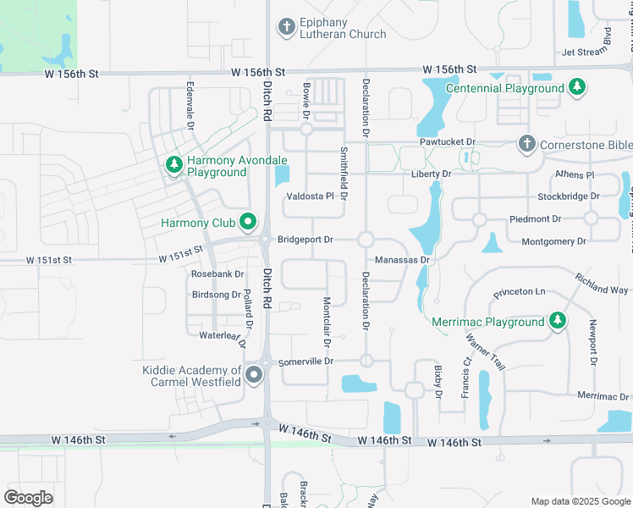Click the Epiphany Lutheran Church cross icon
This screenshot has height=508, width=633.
pyautogui.click(x=287, y=27)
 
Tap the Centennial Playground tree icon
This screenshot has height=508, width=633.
pyautogui.click(x=577, y=87)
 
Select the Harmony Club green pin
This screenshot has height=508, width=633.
pyautogui.click(x=248, y=223)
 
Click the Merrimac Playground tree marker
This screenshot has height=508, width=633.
pyautogui.click(x=557, y=322)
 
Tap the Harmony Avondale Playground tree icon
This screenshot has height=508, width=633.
pyautogui.click(x=174, y=163)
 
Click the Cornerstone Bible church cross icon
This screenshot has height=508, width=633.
pyautogui.click(x=526, y=144)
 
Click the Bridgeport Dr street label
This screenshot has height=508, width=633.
pyautogui.click(x=305, y=240)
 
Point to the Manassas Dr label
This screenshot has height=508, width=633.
pyautogui.click(x=403, y=260)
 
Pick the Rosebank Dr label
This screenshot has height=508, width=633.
pyautogui.click(x=217, y=274)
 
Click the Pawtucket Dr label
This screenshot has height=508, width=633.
pyautogui.click(x=448, y=142)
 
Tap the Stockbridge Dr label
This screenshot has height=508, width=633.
pyautogui.click(x=569, y=196)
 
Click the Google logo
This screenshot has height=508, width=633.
pyautogui.click(x=28, y=498)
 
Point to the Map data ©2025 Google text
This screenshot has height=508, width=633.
pyautogui.click(x=580, y=501)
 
